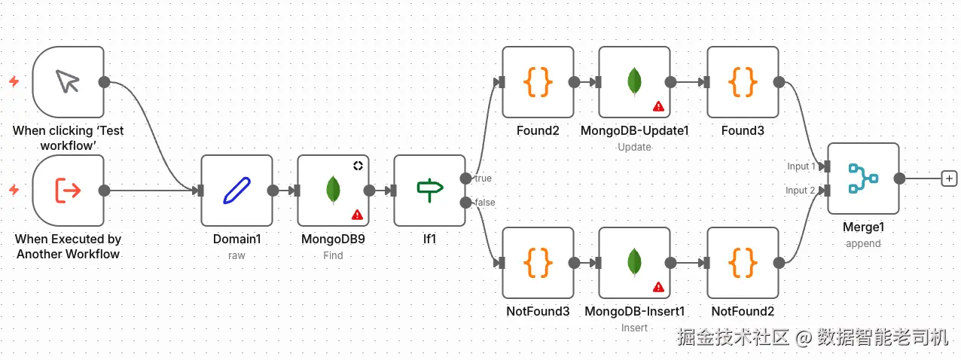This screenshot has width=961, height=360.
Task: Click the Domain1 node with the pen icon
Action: [x=236, y=191]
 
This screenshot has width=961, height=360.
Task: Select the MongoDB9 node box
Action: [x=333, y=191]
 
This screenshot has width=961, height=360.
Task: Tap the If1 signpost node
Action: [x=429, y=191]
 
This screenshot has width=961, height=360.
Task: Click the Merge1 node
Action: [x=863, y=178]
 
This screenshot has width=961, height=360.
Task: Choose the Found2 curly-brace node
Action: [x=538, y=82]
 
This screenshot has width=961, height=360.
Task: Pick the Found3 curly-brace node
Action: [x=743, y=82]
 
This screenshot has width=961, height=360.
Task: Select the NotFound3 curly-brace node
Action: [x=538, y=263]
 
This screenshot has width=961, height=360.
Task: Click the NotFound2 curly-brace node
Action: [x=743, y=263]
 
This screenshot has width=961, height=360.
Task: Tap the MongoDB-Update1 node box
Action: [x=634, y=82]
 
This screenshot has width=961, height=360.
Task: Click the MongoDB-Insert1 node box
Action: [x=634, y=263]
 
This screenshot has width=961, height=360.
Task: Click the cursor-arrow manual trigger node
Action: [x=69, y=82]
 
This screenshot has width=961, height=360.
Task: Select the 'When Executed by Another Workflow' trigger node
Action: [x=69, y=191]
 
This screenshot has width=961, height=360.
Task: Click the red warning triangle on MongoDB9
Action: [x=357, y=215]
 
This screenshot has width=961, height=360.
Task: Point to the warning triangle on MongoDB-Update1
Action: [x=658, y=106]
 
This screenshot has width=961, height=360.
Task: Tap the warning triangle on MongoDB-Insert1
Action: [x=658, y=287]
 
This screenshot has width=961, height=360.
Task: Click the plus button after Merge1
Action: [x=950, y=178]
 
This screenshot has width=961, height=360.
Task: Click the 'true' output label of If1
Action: [x=483, y=178]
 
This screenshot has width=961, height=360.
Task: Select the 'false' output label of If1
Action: [x=484, y=203]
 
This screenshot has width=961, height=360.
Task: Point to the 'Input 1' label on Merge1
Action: [x=801, y=166]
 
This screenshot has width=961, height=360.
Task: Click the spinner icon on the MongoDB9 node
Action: [x=358, y=166]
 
